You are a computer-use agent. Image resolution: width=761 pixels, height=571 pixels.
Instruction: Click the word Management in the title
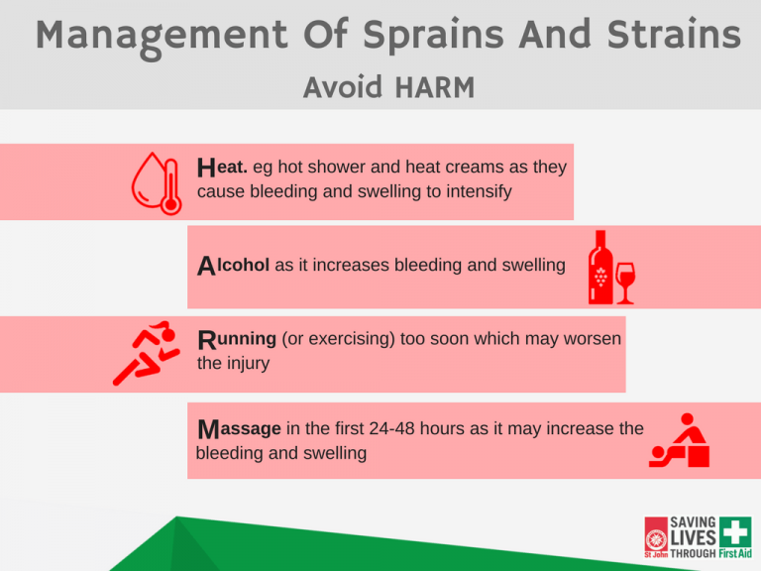(162, 38)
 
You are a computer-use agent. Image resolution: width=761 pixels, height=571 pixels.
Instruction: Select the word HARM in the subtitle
(435, 87)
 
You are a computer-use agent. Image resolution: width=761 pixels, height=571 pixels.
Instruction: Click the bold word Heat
(222, 167)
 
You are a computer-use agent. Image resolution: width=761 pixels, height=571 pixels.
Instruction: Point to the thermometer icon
(170, 187)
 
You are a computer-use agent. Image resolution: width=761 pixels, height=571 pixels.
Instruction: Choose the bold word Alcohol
(233, 265)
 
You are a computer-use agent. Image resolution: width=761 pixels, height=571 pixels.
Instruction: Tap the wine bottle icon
(600, 267)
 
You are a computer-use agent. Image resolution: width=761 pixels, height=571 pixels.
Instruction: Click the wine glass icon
(625, 284)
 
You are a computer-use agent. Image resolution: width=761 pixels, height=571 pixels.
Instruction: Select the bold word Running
(237, 339)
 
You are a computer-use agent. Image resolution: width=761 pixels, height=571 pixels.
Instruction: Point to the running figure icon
(146, 353)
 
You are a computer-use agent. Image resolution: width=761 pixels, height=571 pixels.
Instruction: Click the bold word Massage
(239, 429)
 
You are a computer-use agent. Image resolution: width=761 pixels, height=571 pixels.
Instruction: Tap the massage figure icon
(680, 440)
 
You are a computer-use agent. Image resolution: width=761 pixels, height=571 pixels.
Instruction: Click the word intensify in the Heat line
(479, 191)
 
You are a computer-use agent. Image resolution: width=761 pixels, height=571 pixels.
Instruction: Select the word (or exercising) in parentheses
(338, 339)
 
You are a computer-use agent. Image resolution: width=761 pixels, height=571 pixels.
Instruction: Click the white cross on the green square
(735, 531)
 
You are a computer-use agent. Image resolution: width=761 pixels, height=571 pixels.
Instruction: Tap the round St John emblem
(656, 540)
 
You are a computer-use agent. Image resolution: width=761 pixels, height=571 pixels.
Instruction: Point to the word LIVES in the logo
(693, 538)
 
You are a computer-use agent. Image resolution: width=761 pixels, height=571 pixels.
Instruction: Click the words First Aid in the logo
(735, 553)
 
